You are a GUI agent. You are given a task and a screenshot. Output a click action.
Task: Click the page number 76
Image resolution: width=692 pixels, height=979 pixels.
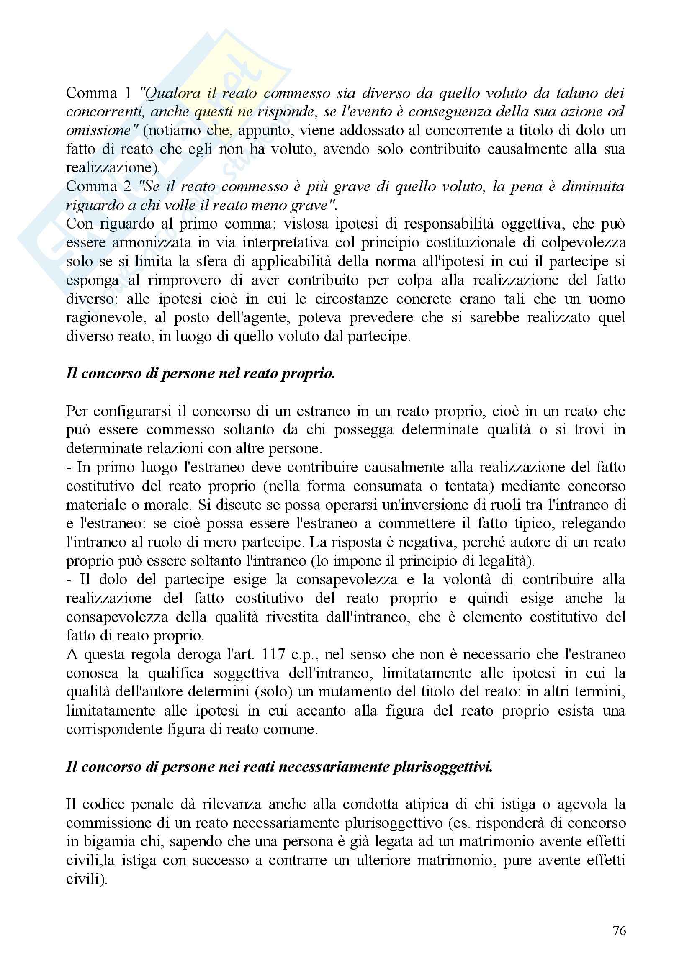pos(619,930)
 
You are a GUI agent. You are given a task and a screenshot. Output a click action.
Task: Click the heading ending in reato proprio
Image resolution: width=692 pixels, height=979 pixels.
pos(201,373)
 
